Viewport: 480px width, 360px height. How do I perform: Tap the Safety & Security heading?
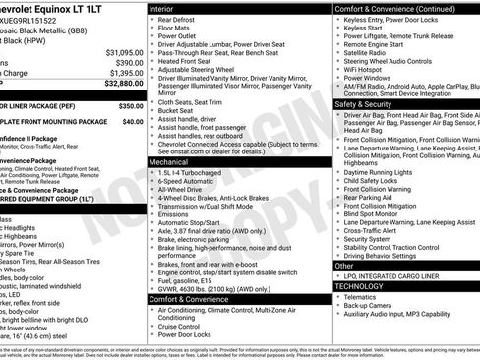[x=369, y=103]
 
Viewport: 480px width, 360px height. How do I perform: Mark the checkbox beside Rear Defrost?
[x=151, y=20]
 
